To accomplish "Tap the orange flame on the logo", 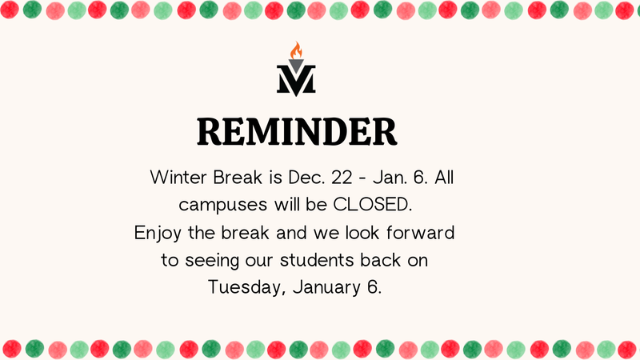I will click(297, 52).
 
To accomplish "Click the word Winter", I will click(178, 177).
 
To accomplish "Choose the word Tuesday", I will click(243, 288).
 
